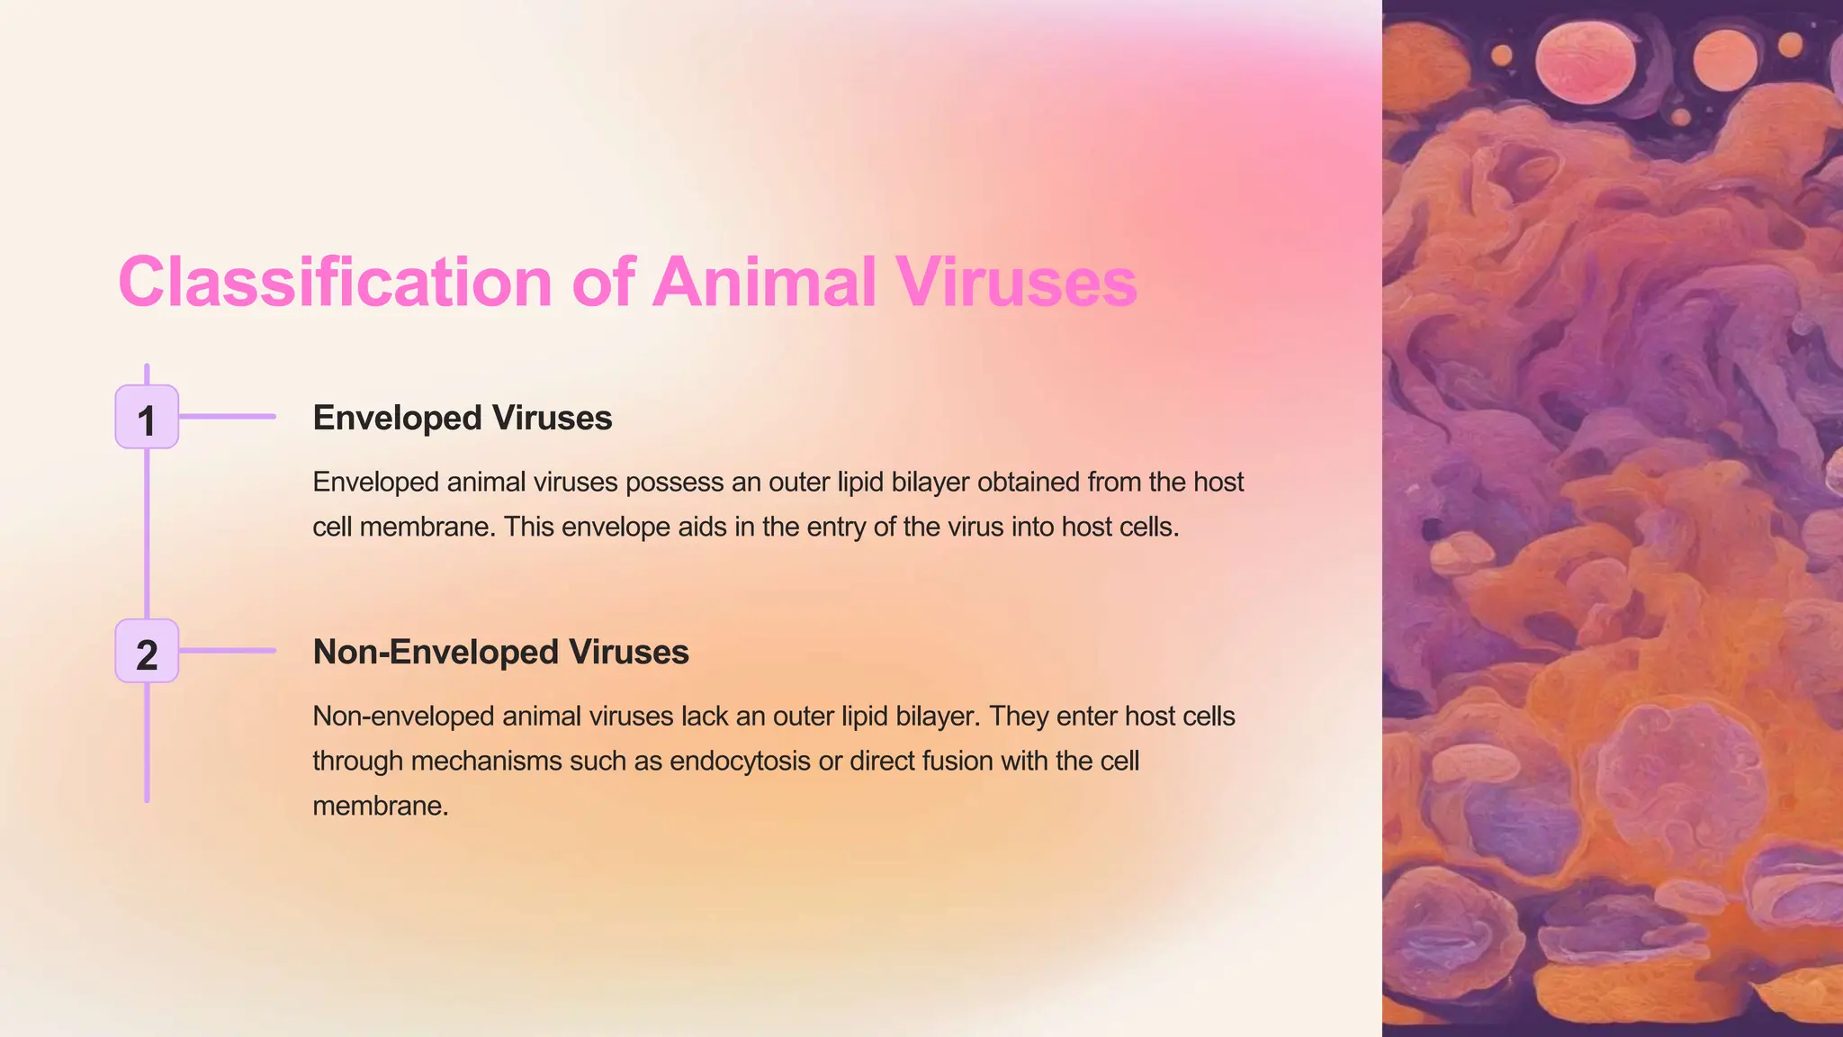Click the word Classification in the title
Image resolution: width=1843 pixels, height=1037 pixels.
pyautogui.click(x=334, y=282)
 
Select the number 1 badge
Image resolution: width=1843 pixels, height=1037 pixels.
pyautogui.click(x=147, y=418)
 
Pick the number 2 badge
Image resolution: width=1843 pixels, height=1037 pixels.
pyautogui.click(x=147, y=652)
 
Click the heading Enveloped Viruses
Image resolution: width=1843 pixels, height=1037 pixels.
pyautogui.click(x=462, y=418)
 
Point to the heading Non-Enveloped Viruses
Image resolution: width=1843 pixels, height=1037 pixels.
pyautogui.click(x=500, y=652)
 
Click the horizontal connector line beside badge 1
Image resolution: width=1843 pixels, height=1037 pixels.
pyautogui.click(x=227, y=417)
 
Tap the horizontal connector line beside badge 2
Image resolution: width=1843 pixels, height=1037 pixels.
pyautogui.click(x=227, y=651)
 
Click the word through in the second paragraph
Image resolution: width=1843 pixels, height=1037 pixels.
pyautogui.click(x=357, y=762)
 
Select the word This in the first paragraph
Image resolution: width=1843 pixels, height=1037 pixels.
pyautogui.click(x=528, y=528)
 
